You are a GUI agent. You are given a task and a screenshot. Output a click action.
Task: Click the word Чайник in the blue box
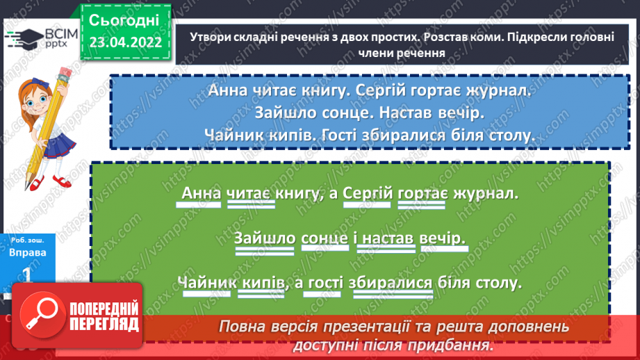(x=235, y=135)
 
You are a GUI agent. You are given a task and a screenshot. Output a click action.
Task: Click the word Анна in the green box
(x=200, y=193)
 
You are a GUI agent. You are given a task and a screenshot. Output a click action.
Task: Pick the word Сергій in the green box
(x=368, y=193)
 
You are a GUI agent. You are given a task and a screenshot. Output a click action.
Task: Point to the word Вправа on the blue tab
(x=28, y=253)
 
